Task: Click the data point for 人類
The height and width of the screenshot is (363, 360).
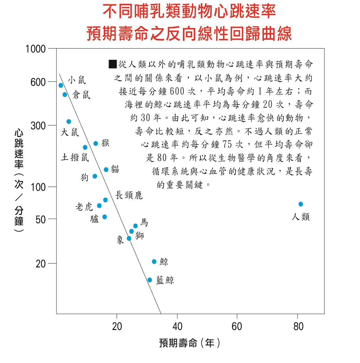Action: [301, 204]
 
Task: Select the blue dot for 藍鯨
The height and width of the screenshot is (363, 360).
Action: [150, 280]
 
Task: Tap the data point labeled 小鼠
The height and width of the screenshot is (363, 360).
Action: [61, 85]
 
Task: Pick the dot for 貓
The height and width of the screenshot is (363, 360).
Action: [106, 169]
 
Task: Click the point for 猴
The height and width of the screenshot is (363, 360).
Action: [96, 143]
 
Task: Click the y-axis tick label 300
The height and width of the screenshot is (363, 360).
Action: [38, 126]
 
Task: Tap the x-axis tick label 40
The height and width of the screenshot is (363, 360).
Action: [177, 326]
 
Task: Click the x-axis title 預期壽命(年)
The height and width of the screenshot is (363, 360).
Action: [189, 343]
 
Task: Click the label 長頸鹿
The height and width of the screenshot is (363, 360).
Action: [129, 195]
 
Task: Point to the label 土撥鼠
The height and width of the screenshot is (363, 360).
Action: [75, 157]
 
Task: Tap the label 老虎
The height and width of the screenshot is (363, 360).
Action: [84, 207]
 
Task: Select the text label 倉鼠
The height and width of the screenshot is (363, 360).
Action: [81, 95]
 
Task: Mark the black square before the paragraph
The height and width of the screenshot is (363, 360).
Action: [112, 64]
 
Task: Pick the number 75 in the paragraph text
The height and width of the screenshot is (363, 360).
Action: [227, 145]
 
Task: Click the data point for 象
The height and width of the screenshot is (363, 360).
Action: [129, 238]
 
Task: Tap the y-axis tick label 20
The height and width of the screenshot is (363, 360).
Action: [41, 264]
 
